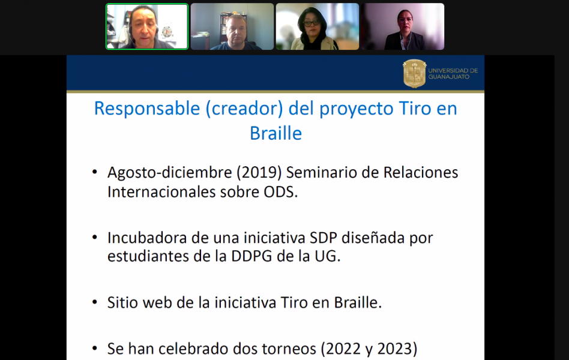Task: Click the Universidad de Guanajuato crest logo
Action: click(414, 74)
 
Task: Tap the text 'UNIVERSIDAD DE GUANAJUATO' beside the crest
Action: click(453, 74)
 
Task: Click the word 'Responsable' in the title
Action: click(147, 109)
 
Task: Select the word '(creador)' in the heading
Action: click(244, 109)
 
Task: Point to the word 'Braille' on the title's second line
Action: click(275, 133)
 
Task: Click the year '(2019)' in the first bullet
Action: click(259, 173)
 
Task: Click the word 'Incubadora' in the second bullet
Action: click(147, 238)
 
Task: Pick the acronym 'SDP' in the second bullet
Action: click(324, 238)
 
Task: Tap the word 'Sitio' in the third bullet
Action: click(122, 302)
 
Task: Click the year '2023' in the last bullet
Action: click(394, 349)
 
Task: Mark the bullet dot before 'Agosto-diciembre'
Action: click(95, 172)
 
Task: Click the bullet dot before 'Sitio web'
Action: click(95, 302)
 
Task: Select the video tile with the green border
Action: click(147, 26)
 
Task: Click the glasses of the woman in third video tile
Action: click(312, 23)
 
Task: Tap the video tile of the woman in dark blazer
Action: click(403, 26)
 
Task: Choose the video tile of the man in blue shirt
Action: click(232, 26)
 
